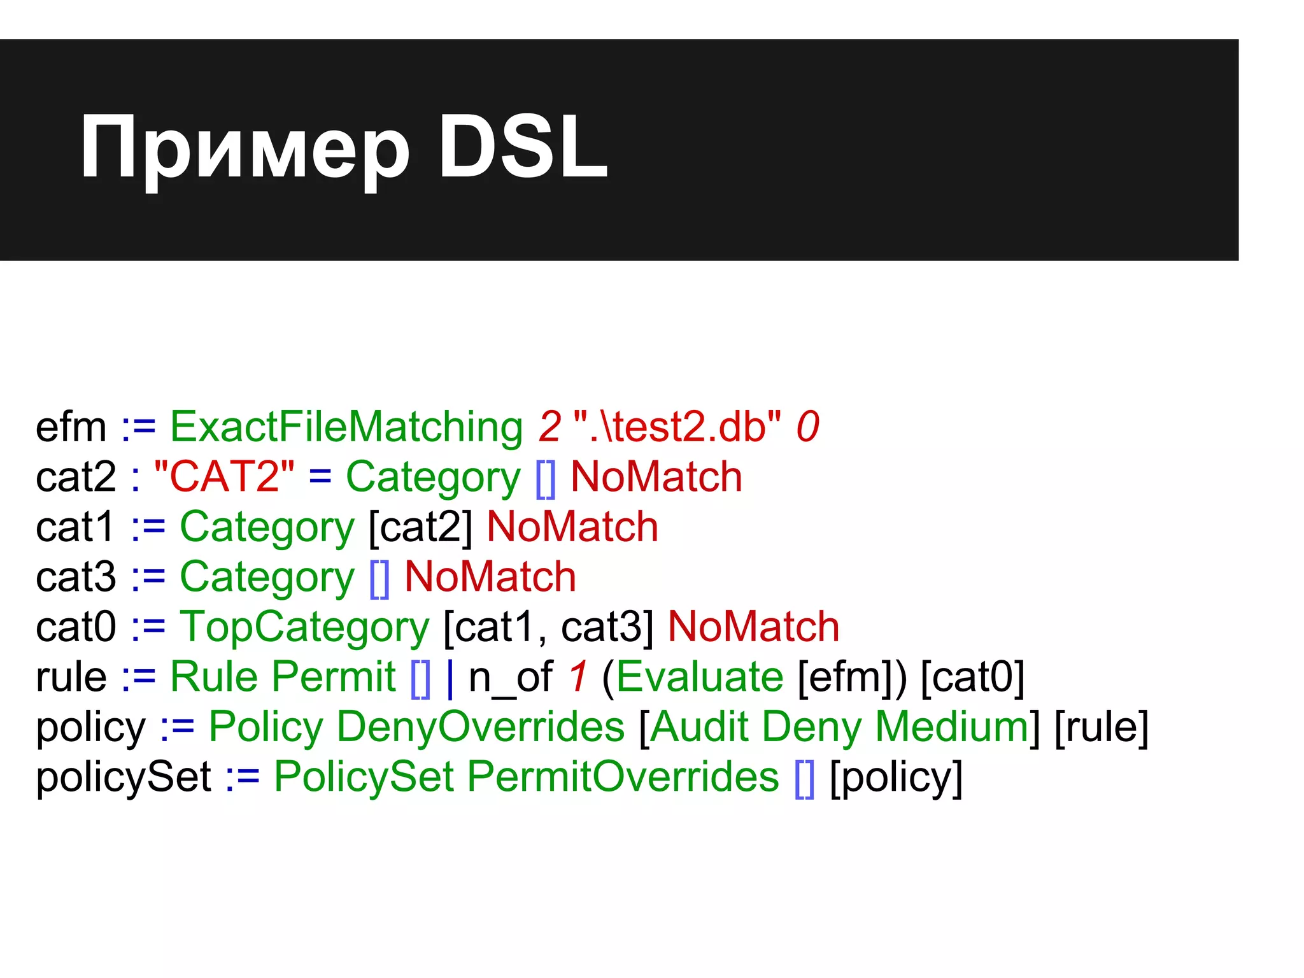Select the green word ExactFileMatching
(346, 427)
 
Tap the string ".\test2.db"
(677, 427)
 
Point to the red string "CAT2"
(224, 476)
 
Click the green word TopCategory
(304, 627)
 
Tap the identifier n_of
(511, 677)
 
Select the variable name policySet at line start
(123, 777)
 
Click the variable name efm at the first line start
(71, 427)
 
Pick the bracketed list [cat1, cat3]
(548, 627)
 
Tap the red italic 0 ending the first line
(807, 427)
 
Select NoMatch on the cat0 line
(753, 627)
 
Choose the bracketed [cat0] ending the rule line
(972, 677)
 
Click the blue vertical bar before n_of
(451, 677)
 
